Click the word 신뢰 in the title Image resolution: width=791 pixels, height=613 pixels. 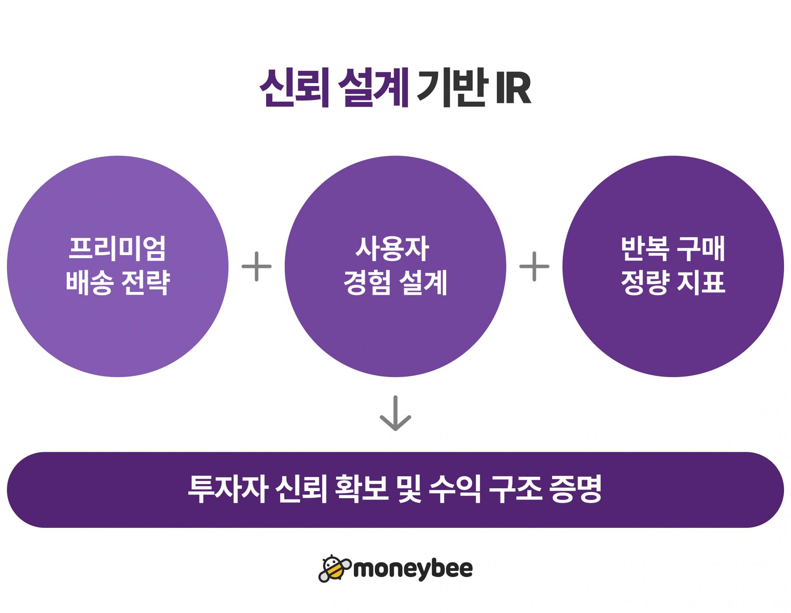click(294, 89)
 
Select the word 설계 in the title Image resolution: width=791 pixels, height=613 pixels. click(373, 89)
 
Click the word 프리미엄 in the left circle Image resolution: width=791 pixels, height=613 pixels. click(117, 248)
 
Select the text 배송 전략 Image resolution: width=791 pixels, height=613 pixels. click(117, 282)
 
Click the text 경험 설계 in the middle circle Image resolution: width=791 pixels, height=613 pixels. click(395, 282)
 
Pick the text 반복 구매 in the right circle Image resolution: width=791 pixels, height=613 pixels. click(673, 248)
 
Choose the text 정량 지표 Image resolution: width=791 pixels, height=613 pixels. click(673, 282)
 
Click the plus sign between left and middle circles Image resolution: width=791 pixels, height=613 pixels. click(257, 266)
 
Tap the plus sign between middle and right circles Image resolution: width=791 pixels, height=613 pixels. click(534, 266)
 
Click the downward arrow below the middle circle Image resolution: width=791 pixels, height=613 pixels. click(395, 413)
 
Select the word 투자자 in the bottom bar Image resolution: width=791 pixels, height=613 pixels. click(226, 489)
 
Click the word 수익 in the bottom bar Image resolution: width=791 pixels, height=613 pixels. click(455, 489)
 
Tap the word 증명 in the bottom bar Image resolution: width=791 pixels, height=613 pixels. click(576, 489)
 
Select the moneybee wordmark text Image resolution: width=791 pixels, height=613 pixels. click(413, 570)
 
